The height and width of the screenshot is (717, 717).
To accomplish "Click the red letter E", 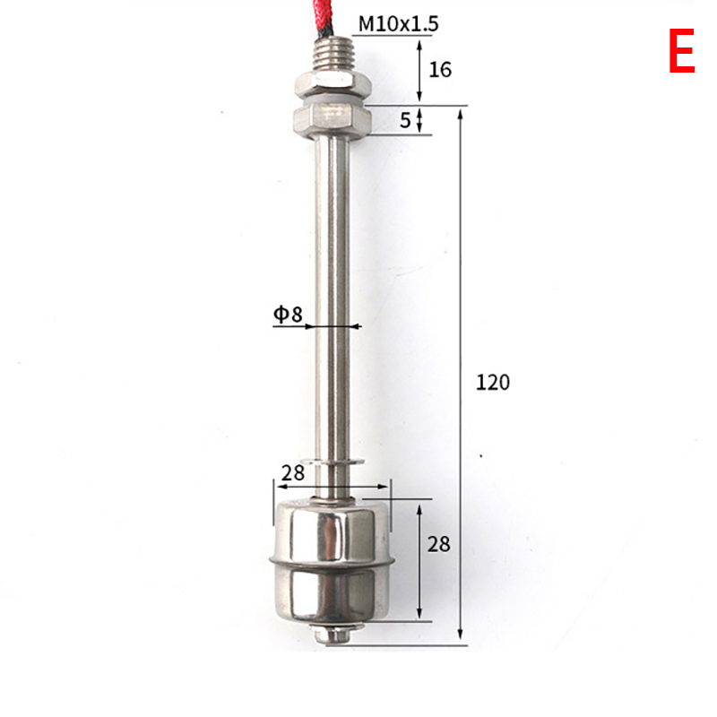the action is (682, 50).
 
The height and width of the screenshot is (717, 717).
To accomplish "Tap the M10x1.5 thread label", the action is (398, 24).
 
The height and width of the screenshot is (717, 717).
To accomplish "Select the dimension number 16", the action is (440, 70).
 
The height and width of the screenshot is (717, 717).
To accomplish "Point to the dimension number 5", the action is (405, 120).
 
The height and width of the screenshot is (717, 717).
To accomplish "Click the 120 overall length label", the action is (492, 383).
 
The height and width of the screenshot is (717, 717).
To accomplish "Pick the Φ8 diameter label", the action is (288, 315).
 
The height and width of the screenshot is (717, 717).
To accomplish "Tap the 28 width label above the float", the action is (293, 473).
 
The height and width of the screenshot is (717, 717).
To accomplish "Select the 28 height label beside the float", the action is (438, 544).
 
